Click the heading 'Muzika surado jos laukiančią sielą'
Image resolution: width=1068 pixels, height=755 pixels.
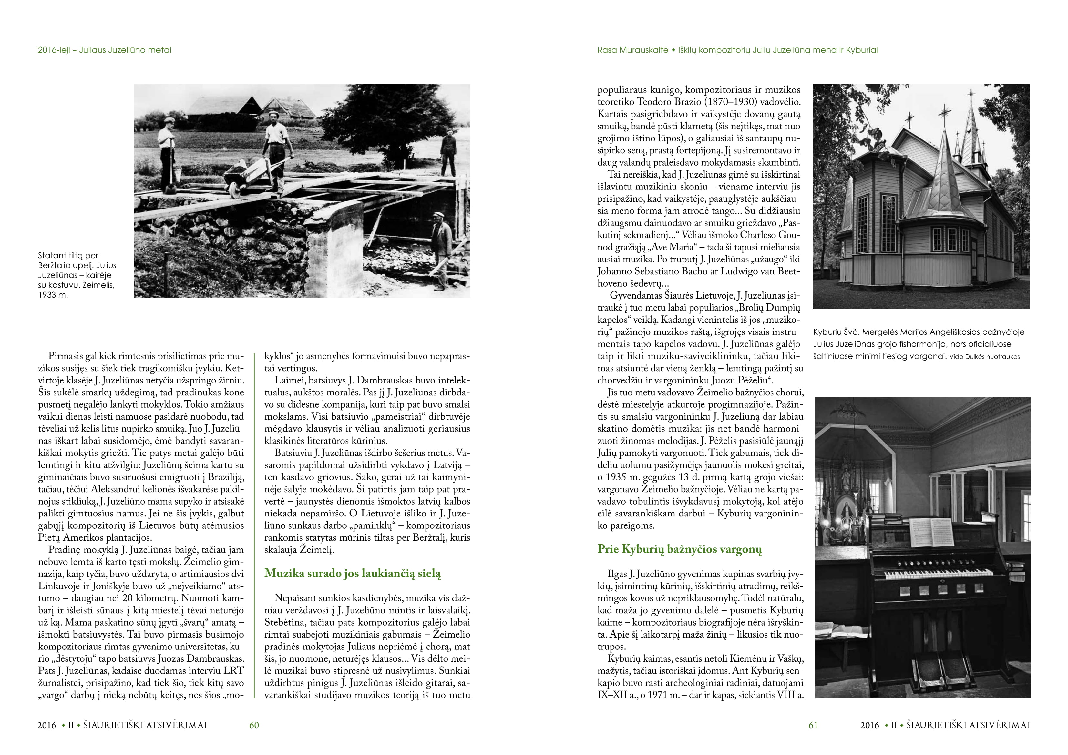click(x=353, y=574)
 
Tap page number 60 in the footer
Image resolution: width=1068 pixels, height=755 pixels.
click(x=254, y=725)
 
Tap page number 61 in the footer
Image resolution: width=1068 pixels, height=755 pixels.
click(x=813, y=725)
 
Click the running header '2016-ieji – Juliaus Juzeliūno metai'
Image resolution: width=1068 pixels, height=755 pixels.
click(x=105, y=50)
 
